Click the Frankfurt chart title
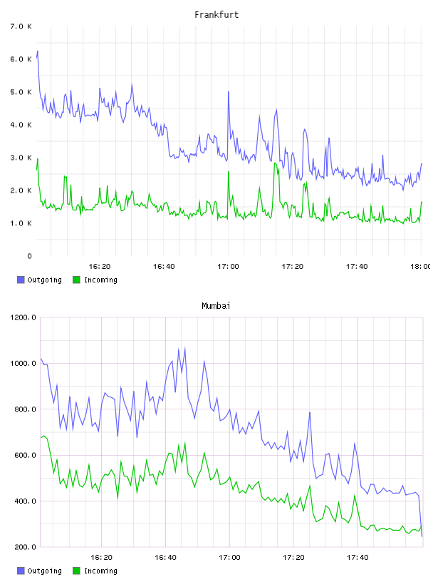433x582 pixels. pos(216,15)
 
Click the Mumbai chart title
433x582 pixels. pos(216,306)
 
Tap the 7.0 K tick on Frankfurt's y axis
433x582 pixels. pos(21,26)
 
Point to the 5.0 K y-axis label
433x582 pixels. pos(21,92)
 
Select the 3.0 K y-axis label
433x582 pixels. pos(21,158)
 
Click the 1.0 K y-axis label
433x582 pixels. pos(21,223)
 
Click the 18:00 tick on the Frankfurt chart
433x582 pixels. pos(421,267)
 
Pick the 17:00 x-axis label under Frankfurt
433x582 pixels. pos(228,267)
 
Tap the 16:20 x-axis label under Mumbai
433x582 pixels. pos(101,558)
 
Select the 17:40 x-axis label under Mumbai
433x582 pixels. pos(358,558)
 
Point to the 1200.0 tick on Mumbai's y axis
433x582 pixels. pos(23,317)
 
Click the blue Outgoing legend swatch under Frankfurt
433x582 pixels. pos(21,280)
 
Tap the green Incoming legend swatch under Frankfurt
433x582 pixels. pos(76,280)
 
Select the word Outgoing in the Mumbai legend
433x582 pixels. pos(44,571)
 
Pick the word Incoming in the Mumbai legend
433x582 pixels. pos(100,571)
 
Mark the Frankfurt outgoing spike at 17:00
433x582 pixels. pos(229,92)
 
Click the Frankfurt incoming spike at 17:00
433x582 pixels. pos(229,172)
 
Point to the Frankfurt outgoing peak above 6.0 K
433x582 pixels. pos(38,51)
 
